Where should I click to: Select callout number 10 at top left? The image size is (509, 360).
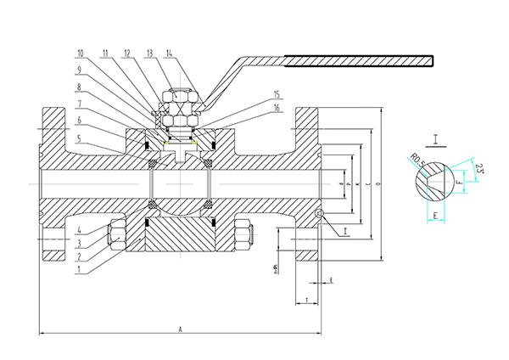[x=104, y=53]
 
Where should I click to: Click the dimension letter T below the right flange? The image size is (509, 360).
[x=305, y=300]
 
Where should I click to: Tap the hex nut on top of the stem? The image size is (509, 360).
[x=181, y=99]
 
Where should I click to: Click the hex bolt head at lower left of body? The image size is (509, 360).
[x=116, y=233]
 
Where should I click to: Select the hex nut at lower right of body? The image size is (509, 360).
[x=242, y=234]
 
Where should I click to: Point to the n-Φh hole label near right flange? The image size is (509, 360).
[x=277, y=270]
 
